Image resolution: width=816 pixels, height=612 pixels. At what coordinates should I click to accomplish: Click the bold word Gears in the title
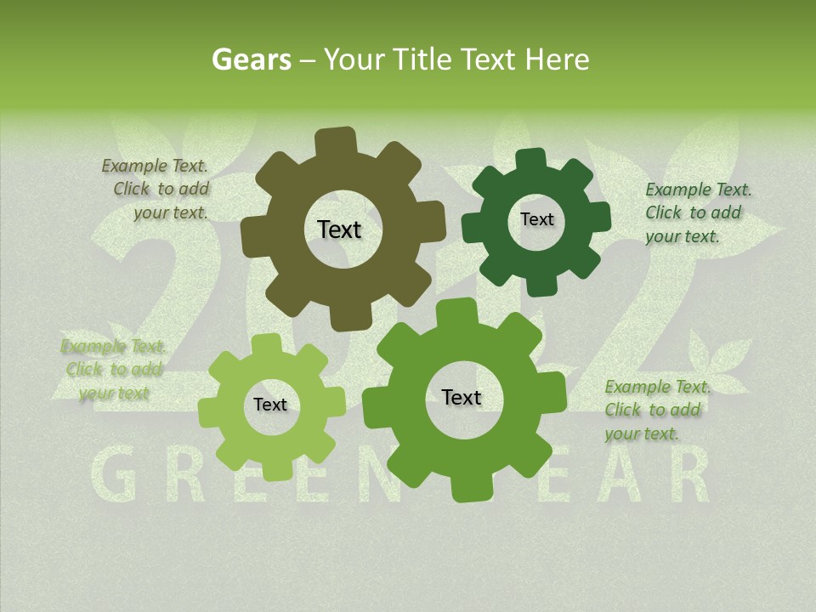(251, 59)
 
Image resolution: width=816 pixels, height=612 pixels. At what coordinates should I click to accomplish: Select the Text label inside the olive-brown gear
(339, 229)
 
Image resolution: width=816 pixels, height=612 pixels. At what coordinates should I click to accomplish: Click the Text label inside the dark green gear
(536, 219)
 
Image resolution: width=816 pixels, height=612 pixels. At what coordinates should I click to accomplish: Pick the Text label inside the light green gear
(270, 405)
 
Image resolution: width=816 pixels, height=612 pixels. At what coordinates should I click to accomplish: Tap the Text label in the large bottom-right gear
(462, 397)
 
